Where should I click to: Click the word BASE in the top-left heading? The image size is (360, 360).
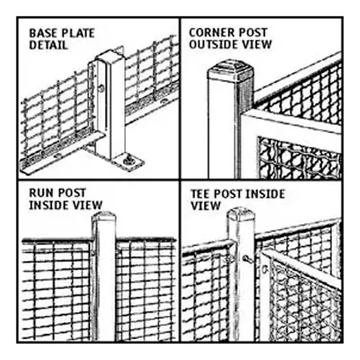(41, 33)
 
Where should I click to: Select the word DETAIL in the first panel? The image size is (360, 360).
(48, 45)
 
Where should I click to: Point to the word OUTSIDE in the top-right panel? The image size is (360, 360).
(215, 45)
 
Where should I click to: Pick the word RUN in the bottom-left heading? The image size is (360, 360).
(40, 193)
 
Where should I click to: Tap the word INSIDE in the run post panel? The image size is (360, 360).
(47, 205)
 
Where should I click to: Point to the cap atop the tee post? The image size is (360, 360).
(241, 214)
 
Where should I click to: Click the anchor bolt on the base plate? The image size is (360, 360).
(128, 161)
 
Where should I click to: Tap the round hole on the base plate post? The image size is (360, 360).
(102, 89)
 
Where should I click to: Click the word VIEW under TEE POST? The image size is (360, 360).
(205, 206)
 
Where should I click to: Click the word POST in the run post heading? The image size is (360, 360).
(70, 193)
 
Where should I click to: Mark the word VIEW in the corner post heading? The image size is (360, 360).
(257, 45)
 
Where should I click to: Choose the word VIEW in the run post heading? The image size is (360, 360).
(85, 205)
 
